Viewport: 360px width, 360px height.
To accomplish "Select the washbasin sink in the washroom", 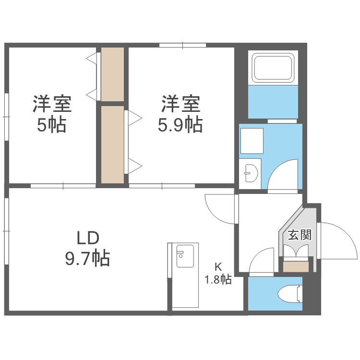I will pyautogui.click(x=250, y=171).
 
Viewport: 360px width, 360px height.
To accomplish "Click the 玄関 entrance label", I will pyautogui.click(x=300, y=235).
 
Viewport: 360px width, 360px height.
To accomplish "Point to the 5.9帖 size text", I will pyautogui.click(x=180, y=125).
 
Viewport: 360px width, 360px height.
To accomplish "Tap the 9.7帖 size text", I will pyautogui.click(x=87, y=259).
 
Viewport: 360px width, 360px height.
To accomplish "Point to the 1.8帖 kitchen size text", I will pyautogui.click(x=218, y=279).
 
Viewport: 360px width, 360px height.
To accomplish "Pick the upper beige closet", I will pyautogui.click(x=113, y=74).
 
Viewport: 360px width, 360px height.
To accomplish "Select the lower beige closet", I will pyautogui.click(x=113, y=144).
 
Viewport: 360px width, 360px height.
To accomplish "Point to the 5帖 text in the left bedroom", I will pyautogui.click(x=52, y=125).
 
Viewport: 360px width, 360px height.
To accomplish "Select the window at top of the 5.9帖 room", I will pyautogui.click(x=182, y=46).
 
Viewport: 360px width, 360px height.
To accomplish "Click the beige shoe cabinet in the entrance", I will pyautogui.click(x=295, y=267).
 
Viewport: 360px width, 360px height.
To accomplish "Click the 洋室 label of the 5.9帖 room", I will pyautogui.click(x=180, y=104).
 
